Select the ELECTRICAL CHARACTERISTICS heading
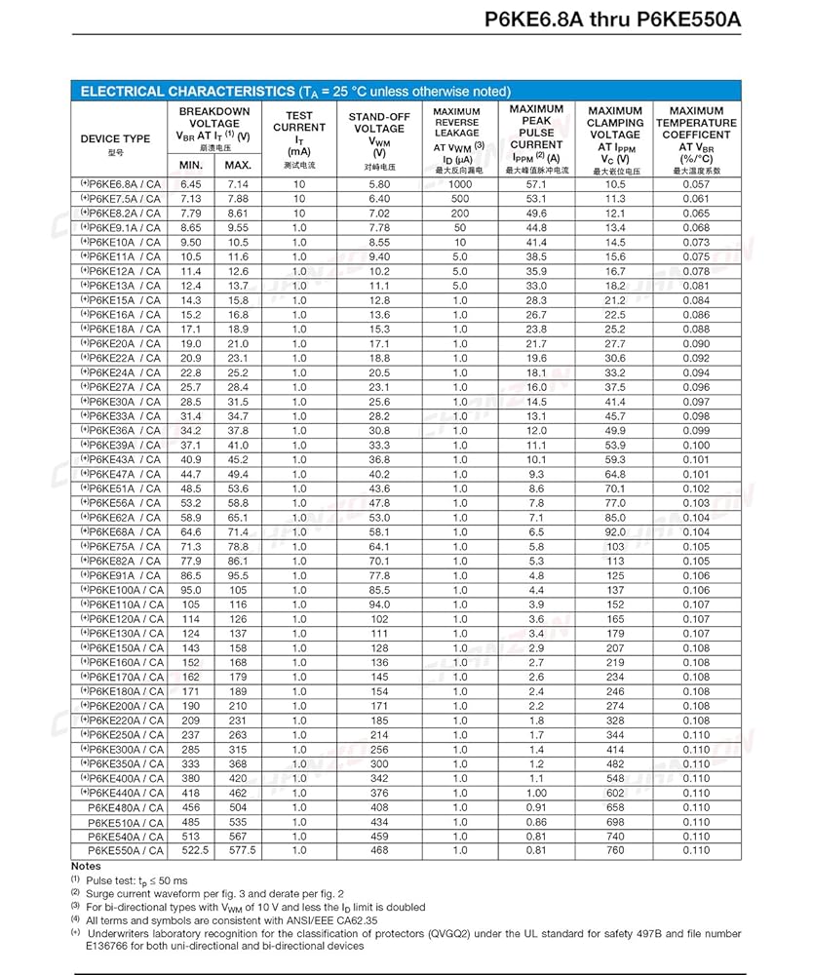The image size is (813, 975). (184, 92)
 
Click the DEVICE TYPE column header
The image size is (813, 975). (115, 138)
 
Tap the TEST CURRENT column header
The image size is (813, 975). (299, 128)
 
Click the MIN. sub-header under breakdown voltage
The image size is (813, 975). (191, 165)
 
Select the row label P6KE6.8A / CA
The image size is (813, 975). (123, 184)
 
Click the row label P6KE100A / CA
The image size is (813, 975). (123, 590)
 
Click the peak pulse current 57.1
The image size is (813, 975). (536, 184)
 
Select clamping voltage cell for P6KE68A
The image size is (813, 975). (615, 532)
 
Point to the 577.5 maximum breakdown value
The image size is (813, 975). (238, 850)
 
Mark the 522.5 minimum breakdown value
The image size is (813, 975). (191, 850)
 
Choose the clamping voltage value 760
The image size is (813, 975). (615, 850)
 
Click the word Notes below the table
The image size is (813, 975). (86, 866)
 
